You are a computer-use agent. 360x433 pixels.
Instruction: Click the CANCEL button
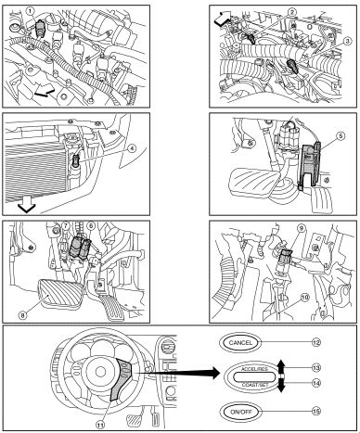(x=240, y=342)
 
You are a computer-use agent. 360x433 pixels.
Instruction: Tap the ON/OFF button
(x=240, y=412)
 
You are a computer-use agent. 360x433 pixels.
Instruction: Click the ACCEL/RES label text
(x=254, y=369)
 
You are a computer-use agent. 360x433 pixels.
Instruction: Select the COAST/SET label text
(x=255, y=385)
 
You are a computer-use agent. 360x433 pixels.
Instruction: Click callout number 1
(x=30, y=11)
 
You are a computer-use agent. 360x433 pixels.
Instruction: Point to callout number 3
(x=347, y=41)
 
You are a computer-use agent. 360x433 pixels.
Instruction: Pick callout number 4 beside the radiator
(x=132, y=148)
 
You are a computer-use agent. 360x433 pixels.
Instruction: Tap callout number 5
(x=341, y=136)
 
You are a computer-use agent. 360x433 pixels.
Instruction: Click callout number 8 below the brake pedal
(x=22, y=315)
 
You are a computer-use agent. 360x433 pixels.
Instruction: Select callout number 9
(x=301, y=228)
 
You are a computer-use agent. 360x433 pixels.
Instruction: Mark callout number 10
(x=304, y=298)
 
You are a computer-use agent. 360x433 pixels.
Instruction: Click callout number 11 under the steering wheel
(x=100, y=426)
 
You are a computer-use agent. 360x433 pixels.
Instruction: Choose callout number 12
(x=315, y=342)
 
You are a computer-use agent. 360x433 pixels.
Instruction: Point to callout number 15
(x=315, y=412)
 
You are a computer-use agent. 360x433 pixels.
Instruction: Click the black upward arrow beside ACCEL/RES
(x=280, y=366)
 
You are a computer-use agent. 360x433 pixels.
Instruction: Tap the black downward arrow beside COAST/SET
(x=280, y=385)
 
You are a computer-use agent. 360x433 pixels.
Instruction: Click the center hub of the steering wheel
(x=100, y=372)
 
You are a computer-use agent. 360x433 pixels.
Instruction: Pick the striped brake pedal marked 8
(x=60, y=291)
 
